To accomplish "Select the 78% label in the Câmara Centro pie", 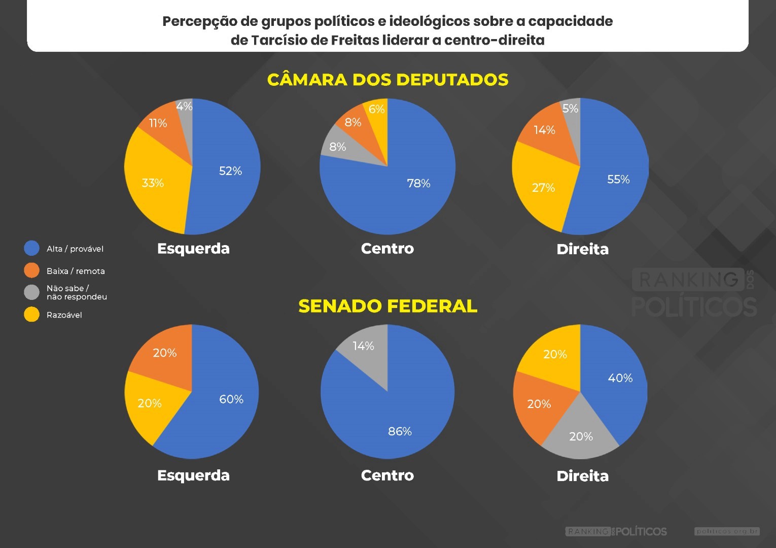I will point(418,183).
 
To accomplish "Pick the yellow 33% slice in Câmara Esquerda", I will point(155,183).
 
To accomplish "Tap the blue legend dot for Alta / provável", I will point(31,248).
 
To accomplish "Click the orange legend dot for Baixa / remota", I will point(31,270).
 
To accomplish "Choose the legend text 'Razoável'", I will point(64,315).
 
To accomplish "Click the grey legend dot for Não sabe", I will point(31,292).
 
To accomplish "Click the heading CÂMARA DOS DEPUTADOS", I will point(387,80).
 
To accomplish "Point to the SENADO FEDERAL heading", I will point(387,306).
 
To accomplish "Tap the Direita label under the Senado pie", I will point(582,476).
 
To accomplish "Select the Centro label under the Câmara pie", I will point(387,249).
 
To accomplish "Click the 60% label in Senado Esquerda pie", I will point(231,399).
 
